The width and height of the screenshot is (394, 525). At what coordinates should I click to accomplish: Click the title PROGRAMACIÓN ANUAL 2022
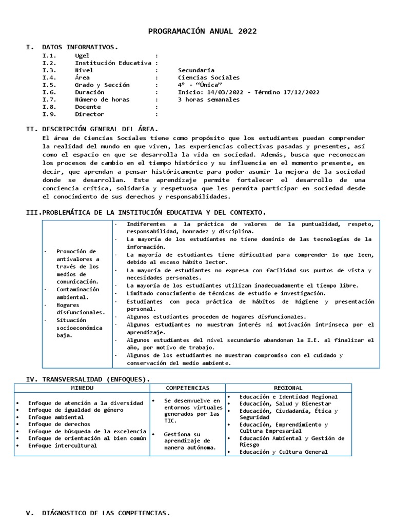pyautogui.click(x=202, y=31)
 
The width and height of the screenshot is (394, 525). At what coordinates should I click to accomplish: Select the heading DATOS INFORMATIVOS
pyautogui.click(x=80, y=47)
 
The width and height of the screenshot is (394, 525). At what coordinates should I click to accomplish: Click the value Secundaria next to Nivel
pyautogui.click(x=196, y=70)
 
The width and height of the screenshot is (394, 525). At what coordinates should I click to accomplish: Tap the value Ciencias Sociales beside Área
pyautogui.click(x=208, y=78)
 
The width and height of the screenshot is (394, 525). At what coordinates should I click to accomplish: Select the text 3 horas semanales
pyautogui.click(x=208, y=99)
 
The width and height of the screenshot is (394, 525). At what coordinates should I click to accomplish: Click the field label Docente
pyautogui.click(x=88, y=107)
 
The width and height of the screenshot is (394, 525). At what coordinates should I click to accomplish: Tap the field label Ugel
pyautogui.click(x=82, y=55)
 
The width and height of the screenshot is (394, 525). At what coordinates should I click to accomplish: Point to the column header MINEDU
pyautogui.click(x=82, y=388)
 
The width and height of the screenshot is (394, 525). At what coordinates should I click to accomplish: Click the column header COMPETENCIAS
pyautogui.click(x=187, y=388)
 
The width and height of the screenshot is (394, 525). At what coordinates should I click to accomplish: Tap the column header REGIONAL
pyautogui.click(x=288, y=388)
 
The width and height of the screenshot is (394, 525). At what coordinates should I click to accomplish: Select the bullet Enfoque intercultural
pyautogui.click(x=63, y=446)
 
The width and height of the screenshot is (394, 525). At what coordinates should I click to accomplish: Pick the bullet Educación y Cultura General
pyautogui.click(x=283, y=452)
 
